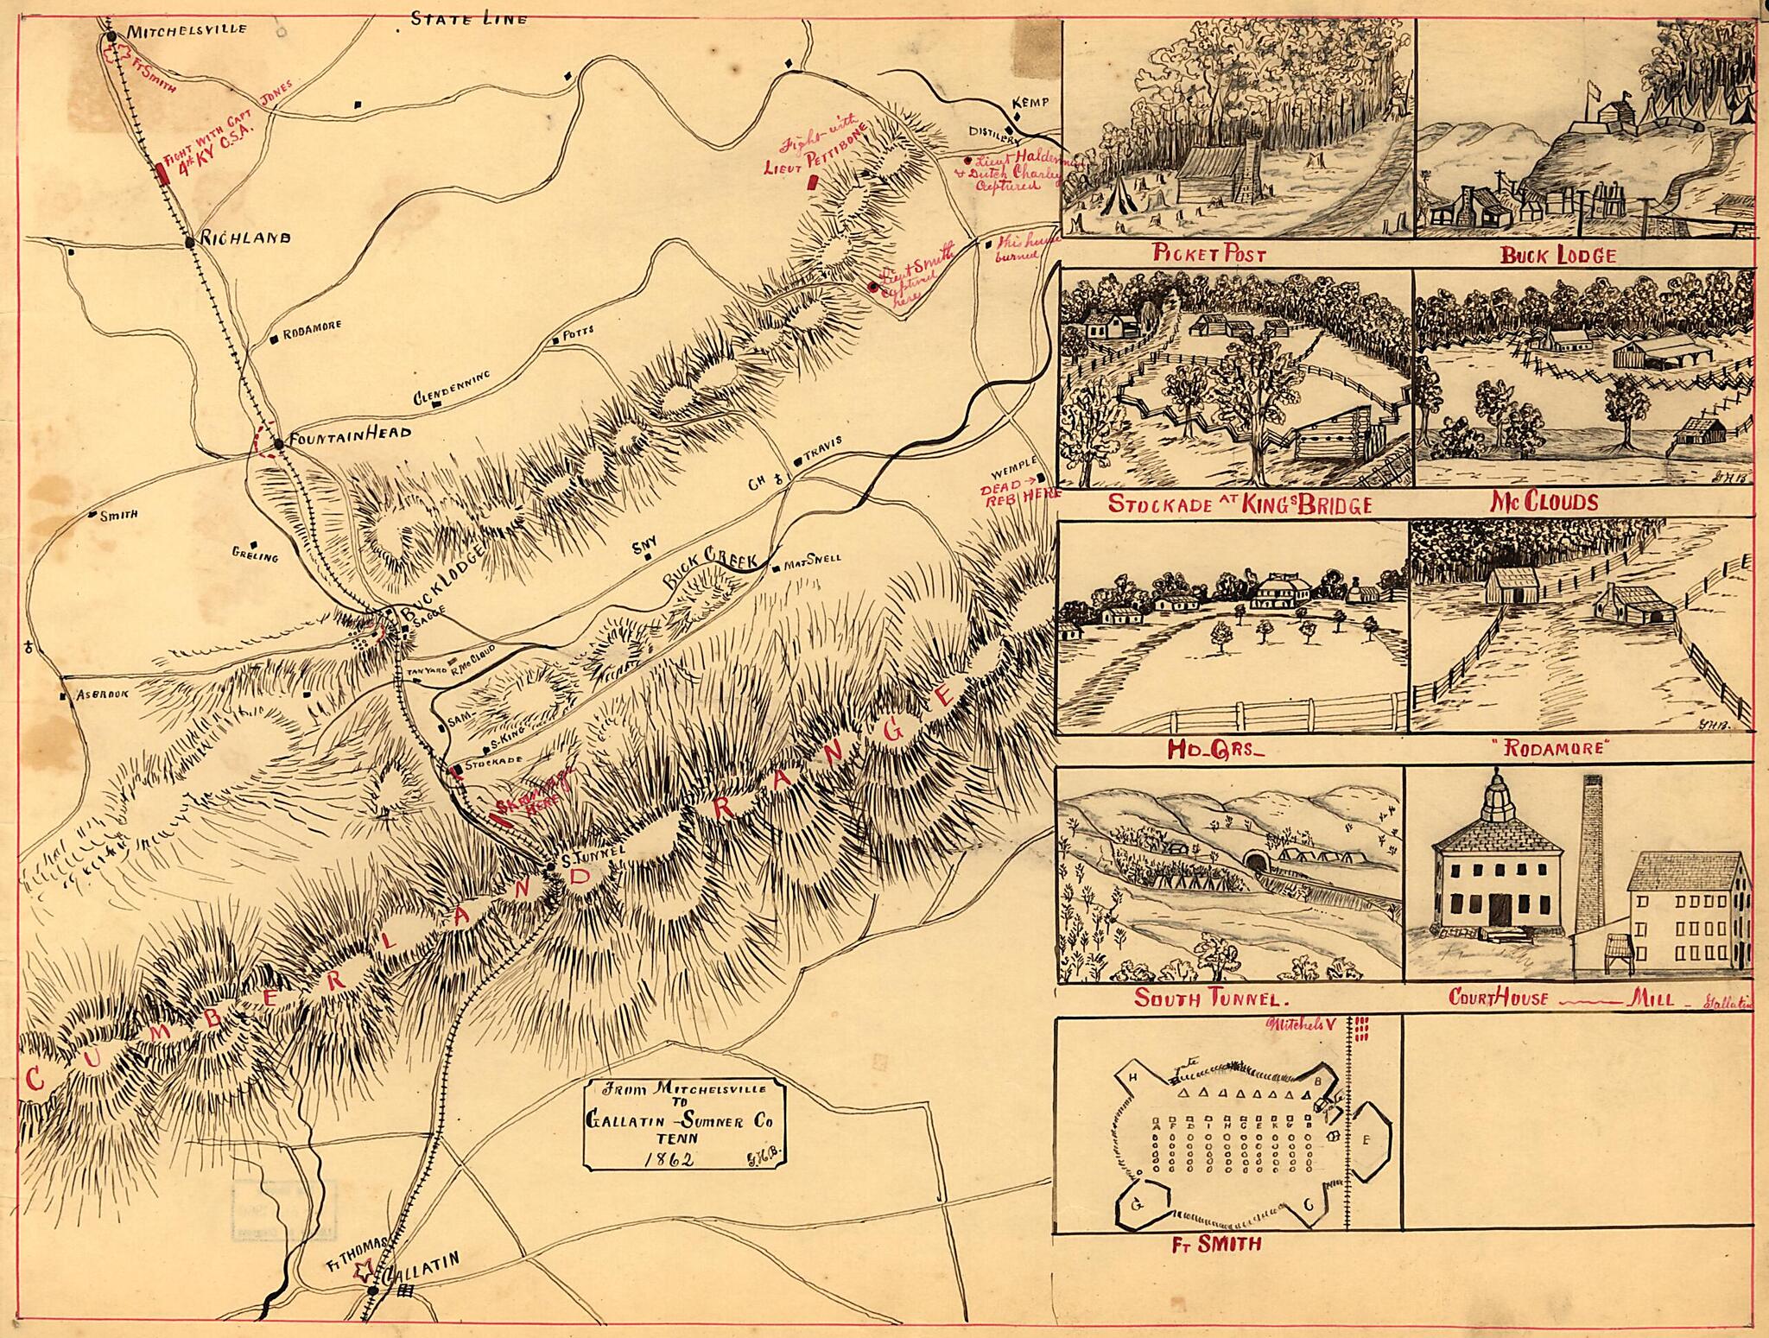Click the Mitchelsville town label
(x=187, y=29)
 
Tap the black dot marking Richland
(x=190, y=243)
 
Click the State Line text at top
(x=468, y=17)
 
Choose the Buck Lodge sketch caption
(x=1557, y=255)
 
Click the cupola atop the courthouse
(x=1497, y=795)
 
